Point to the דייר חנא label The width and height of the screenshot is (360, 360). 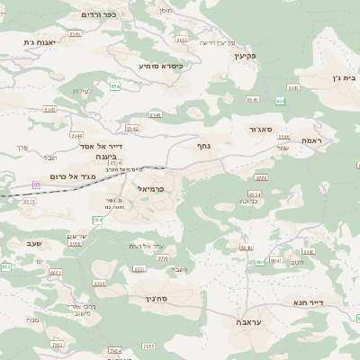click(333, 302)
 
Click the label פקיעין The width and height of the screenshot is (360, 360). click(246, 56)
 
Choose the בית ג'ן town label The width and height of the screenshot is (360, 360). click(344, 77)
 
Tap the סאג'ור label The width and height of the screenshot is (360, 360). click(265, 130)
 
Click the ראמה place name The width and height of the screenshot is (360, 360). click(312, 140)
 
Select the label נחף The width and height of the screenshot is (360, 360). click(204, 144)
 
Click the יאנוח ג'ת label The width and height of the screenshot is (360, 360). click(40, 42)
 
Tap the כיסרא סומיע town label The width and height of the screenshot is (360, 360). click(160, 66)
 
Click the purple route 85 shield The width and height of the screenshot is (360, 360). click(36, 184)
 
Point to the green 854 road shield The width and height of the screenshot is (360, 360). click(115, 86)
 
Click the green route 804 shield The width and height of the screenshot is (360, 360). click(261, 262)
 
